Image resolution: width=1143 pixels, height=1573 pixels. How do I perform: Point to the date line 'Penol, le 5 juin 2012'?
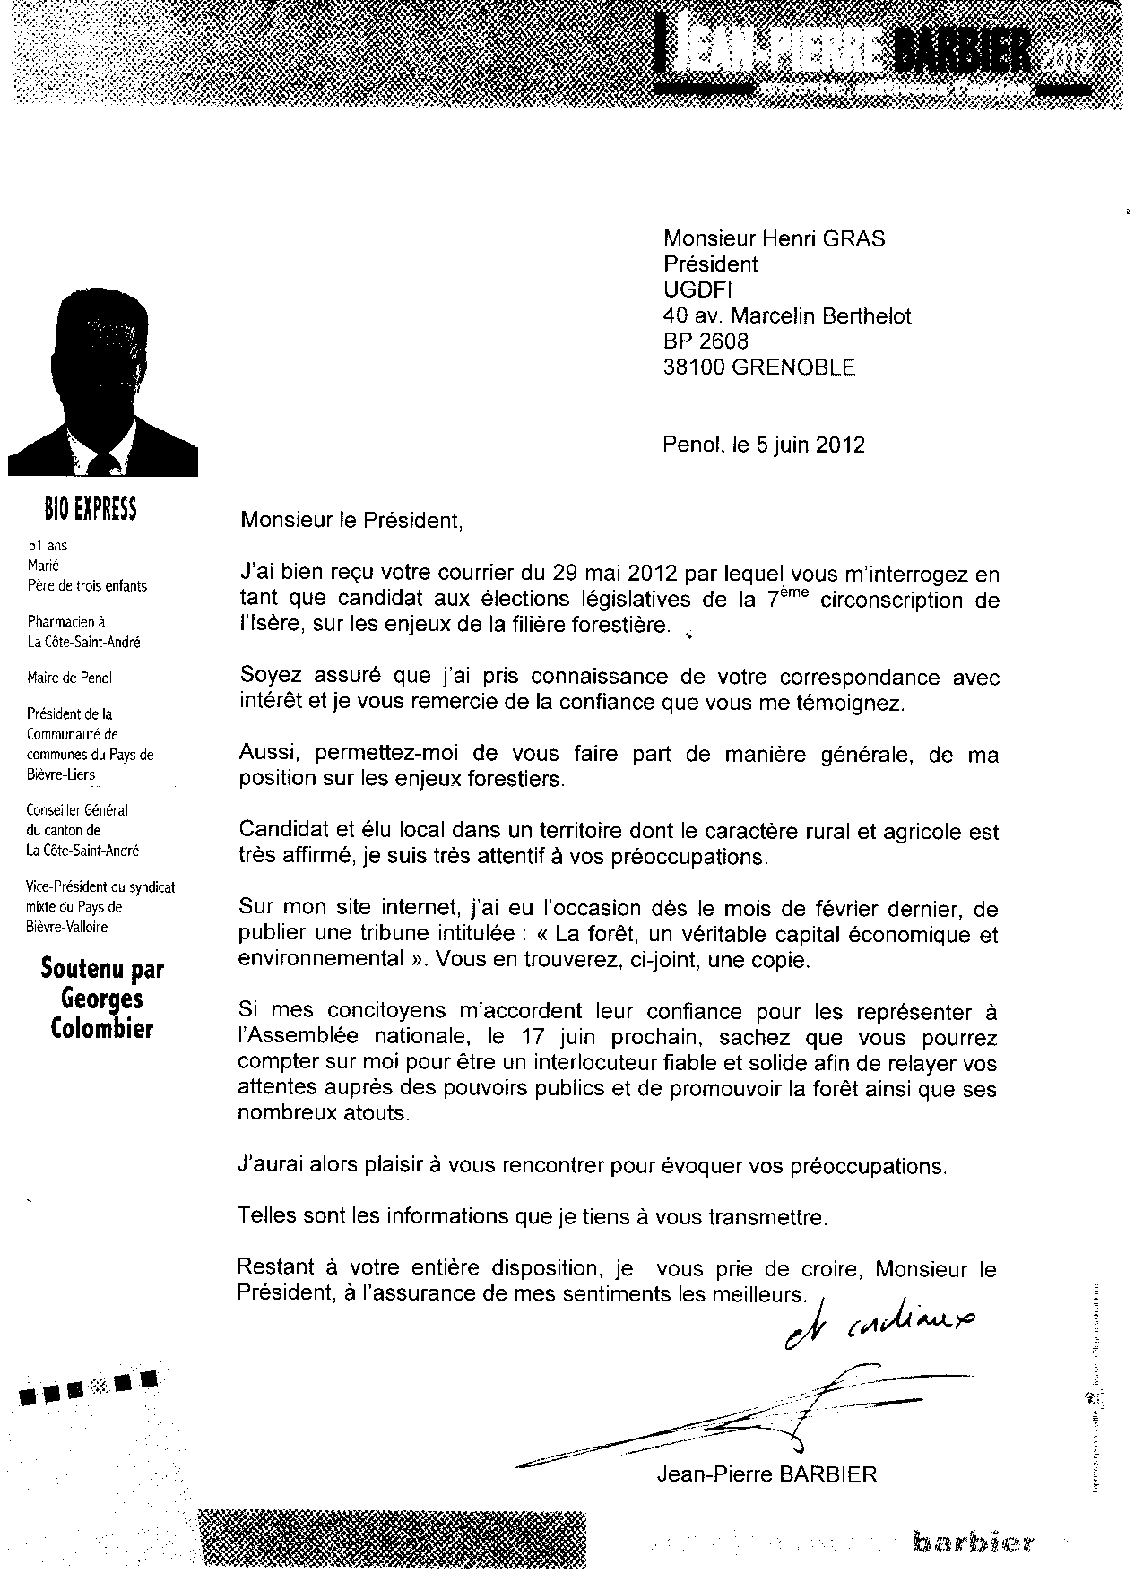[764, 445]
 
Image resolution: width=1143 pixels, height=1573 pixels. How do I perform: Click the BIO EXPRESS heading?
[90, 509]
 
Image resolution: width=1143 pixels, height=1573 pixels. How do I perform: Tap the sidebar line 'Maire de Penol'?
[70, 678]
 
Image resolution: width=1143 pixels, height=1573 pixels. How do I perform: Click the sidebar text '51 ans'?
[48, 545]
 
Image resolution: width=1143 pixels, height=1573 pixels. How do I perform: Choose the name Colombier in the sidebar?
[102, 1028]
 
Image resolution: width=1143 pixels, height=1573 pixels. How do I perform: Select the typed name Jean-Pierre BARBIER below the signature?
[766, 1474]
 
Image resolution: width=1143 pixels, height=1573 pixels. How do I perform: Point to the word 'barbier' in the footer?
[974, 1543]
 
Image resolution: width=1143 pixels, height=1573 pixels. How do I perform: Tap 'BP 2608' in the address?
[706, 341]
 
